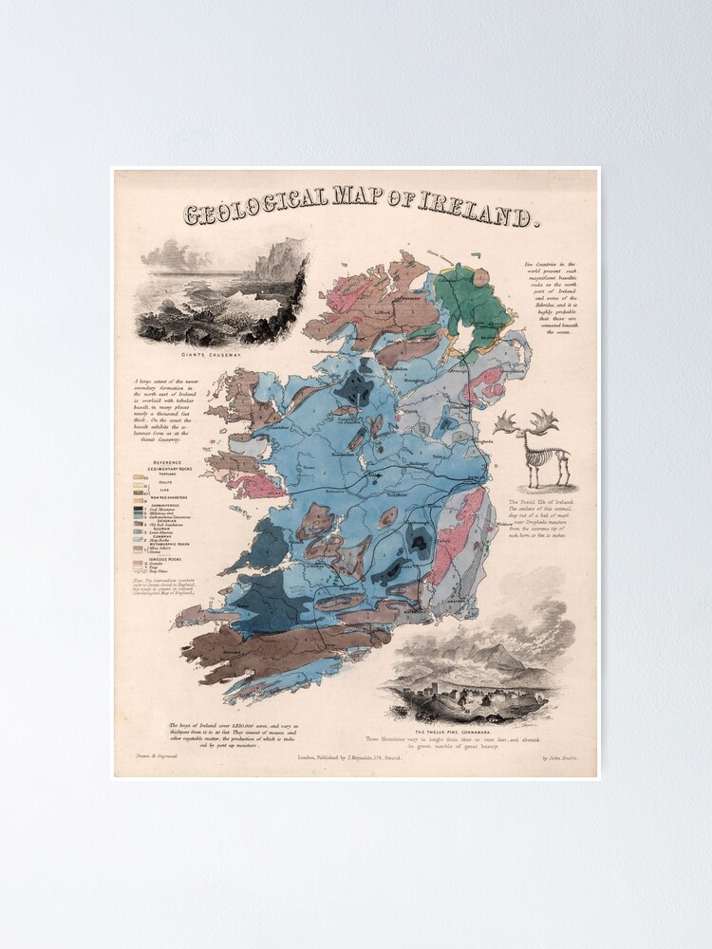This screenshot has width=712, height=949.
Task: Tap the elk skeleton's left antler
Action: click(x=505, y=423)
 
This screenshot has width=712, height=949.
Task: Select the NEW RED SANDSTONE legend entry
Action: click(x=168, y=496)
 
